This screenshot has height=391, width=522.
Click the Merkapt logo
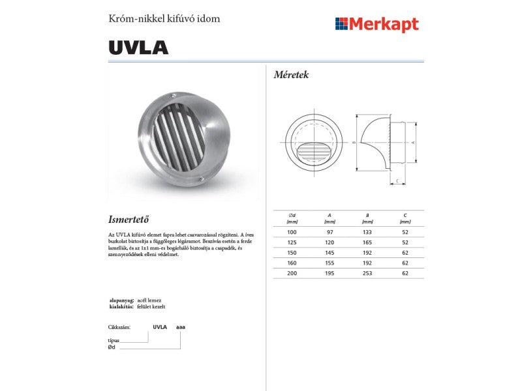pyautogui.click(x=376, y=25)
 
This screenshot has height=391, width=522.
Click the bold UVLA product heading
pyautogui.click(x=138, y=48)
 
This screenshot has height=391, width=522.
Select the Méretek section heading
pyautogui.click(x=291, y=75)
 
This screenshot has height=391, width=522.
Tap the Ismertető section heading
pyautogui.click(x=133, y=218)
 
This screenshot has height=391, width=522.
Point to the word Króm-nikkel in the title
pyautogui.click(x=132, y=18)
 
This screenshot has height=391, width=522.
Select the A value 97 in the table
pyautogui.click(x=329, y=232)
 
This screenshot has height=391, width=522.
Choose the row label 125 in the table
pyautogui.click(x=292, y=242)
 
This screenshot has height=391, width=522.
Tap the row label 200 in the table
pyautogui.click(x=292, y=274)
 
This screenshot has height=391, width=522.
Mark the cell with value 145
pyautogui.click(x=329, y=253)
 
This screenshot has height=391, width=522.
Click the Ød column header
pyautogui.click(x=292, y=215)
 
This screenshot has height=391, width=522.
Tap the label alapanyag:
pyautogui.click(x=121, y=300)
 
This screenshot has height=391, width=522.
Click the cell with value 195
pyautogui.click(x=329, y=274)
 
